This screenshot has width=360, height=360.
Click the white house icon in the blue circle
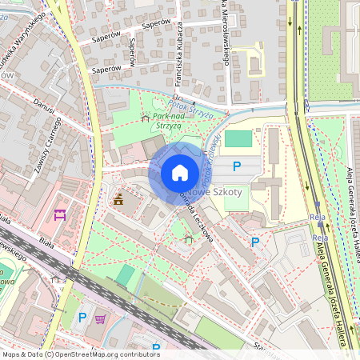point(180,172)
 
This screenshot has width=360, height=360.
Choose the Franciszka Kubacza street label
point(178,59)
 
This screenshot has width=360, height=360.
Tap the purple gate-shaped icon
point(58,214)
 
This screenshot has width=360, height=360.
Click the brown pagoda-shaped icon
point(118,198)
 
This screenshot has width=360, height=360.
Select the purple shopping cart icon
point(101,319)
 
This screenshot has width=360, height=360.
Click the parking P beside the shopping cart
point(82,318)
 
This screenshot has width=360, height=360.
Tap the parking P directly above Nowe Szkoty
point(236,166)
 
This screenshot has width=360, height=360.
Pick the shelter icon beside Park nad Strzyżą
point(145,118)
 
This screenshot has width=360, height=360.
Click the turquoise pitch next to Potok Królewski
point(238,138)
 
